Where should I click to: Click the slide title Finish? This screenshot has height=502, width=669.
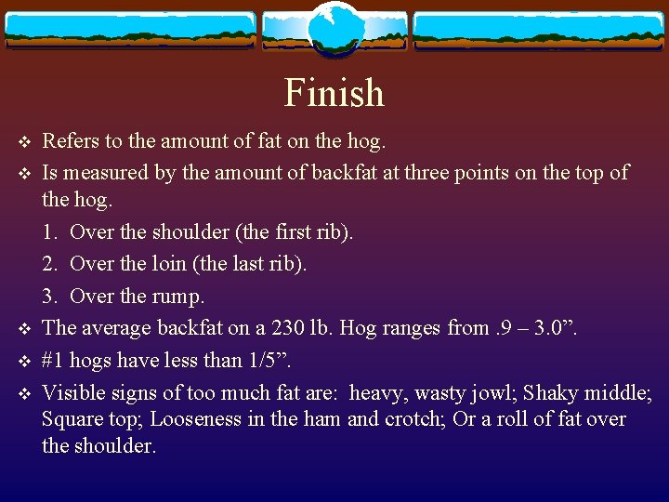pos(334,93)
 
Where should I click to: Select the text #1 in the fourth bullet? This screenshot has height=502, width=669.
pos(54,359)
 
